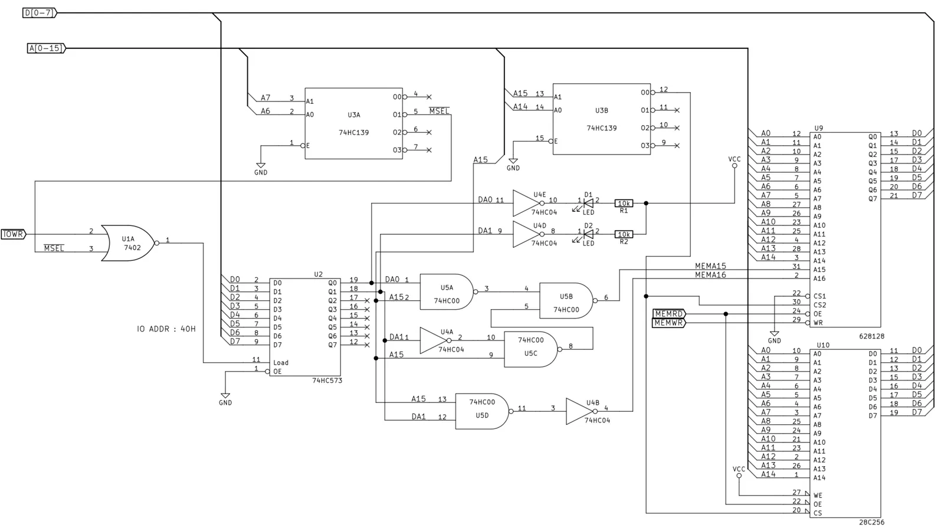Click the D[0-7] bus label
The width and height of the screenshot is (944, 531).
[x=39, y=13]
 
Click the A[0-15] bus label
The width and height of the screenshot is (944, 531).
[x=47, y=48]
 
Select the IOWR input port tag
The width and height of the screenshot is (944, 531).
[x=14, y=234]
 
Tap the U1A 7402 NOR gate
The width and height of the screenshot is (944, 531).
[x=129, y=243]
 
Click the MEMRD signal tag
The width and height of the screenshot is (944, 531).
[x=669, y=314]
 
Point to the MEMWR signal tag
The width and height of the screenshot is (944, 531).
[x=669, y=323]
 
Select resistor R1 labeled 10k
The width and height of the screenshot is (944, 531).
[x=624, y=203]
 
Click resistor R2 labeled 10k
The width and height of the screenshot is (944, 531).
[x=624, y=234]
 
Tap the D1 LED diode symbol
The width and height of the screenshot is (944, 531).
[x=589, y=203]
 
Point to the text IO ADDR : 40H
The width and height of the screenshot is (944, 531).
[x=166, y=329]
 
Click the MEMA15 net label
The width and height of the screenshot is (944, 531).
[x=710, y=266]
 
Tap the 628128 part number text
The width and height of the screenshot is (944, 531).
[x=871, y=336]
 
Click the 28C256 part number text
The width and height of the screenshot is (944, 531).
[x=871, y=523]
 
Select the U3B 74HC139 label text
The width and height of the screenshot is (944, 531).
[x=601, y=119]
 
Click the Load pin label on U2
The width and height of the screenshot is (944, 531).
[x=281, y=362]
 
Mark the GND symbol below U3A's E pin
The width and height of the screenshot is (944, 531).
[x=261, y=168]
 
